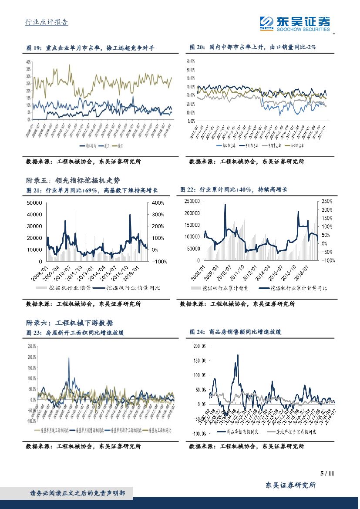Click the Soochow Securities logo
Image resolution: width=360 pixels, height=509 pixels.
click(295, 23)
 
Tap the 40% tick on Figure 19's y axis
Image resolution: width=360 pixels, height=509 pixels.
click(29, 61)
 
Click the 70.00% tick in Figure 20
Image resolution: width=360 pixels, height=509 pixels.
click(190, 61)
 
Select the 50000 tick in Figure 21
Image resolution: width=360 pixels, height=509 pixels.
click(34, 203)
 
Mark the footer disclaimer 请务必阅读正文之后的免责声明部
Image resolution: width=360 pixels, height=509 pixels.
click(77, 493)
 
